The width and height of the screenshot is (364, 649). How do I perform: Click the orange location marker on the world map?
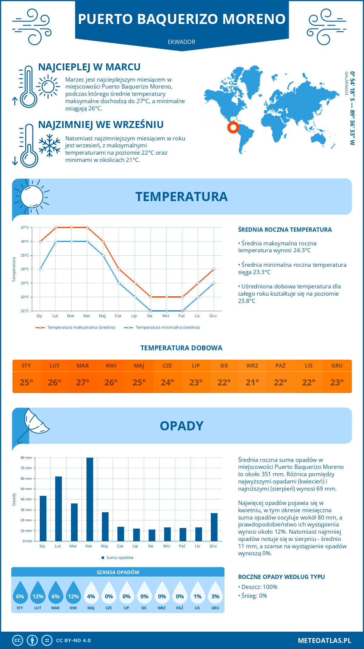coord(233,127)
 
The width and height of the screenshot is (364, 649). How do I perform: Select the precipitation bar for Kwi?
coord(90,499)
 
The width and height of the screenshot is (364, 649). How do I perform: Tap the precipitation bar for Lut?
coord(59,509)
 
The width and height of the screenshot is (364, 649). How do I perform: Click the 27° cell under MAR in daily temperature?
coord(83,382)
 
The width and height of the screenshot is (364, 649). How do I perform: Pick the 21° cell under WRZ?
coord(252,382)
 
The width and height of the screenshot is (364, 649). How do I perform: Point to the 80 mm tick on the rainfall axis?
coord(26,458)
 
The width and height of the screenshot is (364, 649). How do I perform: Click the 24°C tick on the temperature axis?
coord(25,269)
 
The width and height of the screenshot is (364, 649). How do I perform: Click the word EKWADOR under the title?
coord(181,42)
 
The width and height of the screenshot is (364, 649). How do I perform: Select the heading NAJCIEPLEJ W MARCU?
coord(89,67)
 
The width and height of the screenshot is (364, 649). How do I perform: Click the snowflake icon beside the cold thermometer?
coord(49,146)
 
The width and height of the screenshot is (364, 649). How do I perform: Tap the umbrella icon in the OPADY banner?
coord(33,425)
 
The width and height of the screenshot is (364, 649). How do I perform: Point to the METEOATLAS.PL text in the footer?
coord(324,641)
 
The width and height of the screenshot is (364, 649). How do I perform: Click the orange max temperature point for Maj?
coord(103,241)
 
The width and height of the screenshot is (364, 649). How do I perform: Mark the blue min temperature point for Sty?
coord(40,269)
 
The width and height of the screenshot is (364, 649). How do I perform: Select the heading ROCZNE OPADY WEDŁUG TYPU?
coord(281,577)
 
